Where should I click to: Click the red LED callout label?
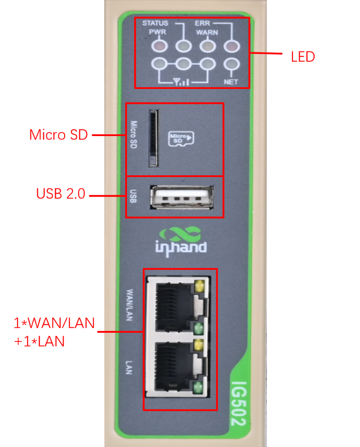pyautogui.click(x=303, y=57)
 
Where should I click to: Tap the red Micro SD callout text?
pyautogui.click(x=58, y=135)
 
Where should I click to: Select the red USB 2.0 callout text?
pyautogui.click(x=61, y=194)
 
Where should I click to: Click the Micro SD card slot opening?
pyautogui.click(x=152, y=138)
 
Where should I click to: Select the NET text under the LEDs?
pyautogui.click(x=231, y=81)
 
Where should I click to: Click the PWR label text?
pyautogui.click(x=155, y=32)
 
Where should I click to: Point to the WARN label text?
pyautogui.click(x=207, y=32)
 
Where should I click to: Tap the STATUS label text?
pyautogui.click(x=155, y=23)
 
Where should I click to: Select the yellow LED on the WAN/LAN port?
pyautogui.click(x=199, y=287)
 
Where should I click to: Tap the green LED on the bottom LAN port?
pyautogui.click(x=199, y=386)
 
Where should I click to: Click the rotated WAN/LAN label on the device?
pyautogui.click(x=130, y=304)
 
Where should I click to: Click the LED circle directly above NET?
pyautogui.click(x=231, y=64)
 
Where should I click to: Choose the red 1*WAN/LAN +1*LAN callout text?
pyautogui.click(x=54, y=332)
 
